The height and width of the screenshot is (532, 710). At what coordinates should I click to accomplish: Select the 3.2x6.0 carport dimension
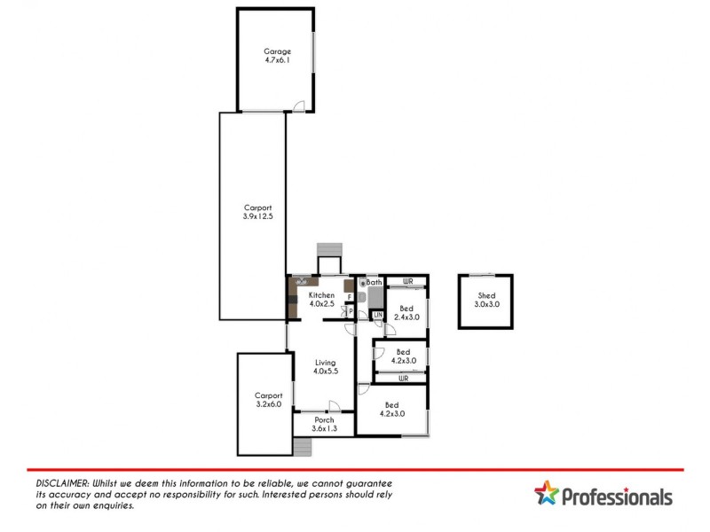[x=267, y=404]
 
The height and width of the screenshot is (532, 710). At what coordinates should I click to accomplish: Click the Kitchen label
[x=321, y=295]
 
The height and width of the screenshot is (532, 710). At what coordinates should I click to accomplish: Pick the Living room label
[x=326, y=363]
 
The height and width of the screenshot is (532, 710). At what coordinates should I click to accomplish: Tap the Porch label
[x=324, y=420]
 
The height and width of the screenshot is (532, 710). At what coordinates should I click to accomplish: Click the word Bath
[x=375, y=283]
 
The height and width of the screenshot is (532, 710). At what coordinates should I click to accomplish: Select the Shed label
[x=486, y=295]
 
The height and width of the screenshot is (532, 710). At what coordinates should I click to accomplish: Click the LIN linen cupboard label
[x=377, y=315]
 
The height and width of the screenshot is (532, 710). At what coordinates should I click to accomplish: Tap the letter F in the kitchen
[x=350, y=296]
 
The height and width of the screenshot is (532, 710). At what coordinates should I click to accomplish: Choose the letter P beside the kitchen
[x=351, y=311]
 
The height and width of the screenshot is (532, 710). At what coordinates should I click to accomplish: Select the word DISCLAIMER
[x=62, y=481]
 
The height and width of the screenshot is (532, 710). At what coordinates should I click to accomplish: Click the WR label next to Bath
[x=407, y=282]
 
